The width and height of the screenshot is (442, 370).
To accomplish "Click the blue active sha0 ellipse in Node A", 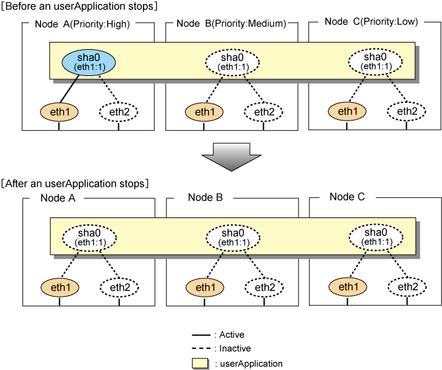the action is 89,62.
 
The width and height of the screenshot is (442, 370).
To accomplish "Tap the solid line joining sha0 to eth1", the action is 69,88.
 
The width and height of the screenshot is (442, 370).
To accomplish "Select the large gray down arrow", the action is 231,157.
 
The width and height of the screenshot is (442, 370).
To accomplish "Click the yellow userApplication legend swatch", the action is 200,363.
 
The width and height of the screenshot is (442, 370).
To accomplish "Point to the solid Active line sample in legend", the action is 201,335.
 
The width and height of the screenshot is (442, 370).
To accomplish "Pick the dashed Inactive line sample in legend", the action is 201,348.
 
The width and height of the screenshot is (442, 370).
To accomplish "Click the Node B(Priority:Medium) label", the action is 231,24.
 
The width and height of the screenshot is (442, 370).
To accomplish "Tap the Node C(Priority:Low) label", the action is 371,22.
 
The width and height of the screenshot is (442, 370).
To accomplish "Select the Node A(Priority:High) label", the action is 83,24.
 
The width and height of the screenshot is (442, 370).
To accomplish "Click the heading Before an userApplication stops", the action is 79,6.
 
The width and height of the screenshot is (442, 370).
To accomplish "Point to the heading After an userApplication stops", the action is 75,183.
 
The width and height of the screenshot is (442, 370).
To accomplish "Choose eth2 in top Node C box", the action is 407,111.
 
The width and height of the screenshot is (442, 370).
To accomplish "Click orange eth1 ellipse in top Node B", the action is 205,112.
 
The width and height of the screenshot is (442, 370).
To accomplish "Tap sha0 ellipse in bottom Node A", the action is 89,238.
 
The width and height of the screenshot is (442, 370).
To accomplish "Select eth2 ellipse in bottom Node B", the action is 264,287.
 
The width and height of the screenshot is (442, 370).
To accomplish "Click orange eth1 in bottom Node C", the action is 348,287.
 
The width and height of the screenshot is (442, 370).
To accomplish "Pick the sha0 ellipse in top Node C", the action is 375,62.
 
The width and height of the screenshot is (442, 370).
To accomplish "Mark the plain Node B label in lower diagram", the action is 205,197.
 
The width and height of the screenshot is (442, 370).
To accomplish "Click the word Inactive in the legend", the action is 235,348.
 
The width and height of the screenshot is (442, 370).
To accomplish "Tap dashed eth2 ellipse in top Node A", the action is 119,112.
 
